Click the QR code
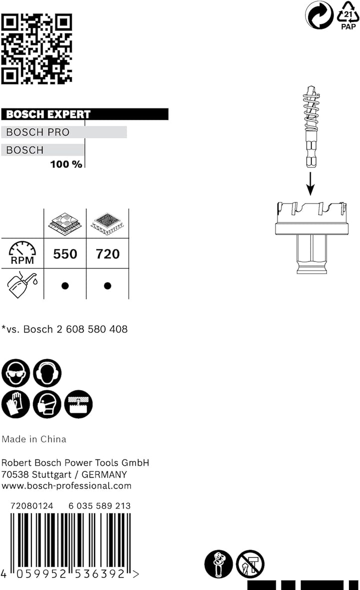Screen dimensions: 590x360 click(x=36, y=48)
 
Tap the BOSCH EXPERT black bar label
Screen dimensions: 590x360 click(x=48, y=114)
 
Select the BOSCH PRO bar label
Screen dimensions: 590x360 click(x=37, y=132)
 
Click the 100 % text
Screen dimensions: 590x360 click(x=66, y=164)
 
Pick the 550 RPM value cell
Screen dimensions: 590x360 click(x=65, y=254)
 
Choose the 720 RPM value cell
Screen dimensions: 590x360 click(x=107, y=254)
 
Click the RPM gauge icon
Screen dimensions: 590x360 click(x=22, y=252)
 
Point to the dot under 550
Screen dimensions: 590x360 click(x=65, y=286)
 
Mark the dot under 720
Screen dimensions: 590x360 click(x=107, y=286)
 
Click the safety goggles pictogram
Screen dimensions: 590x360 click(x=15, y=373)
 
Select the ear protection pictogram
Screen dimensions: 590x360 click(x=47, y=373)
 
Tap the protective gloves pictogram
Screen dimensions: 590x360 click(x=15, y=404)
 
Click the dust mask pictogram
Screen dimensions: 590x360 click(x=47, y=404)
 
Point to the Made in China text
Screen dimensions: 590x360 click(x=34, y=439)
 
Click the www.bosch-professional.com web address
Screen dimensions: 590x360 click(x=66, y=485)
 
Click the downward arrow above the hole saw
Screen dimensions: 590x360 click(x=310, y=184)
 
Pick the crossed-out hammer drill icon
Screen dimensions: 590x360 click(x=250, y=563)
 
